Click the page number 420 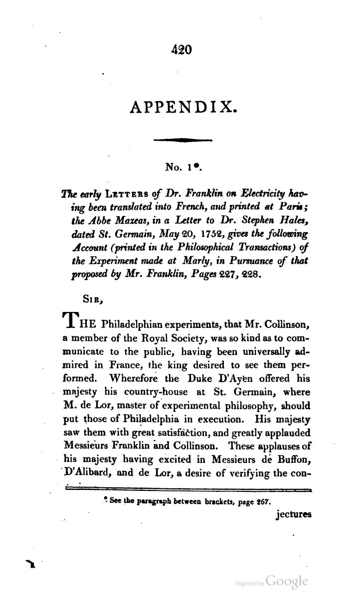[x=181, y=49]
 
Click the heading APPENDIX [x=181, y=106]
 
